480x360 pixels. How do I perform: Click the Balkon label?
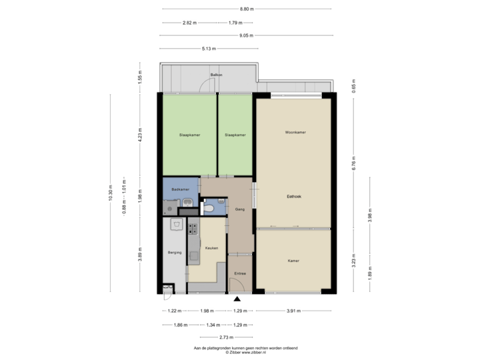(215, 75)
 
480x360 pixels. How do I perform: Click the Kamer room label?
(293, 261)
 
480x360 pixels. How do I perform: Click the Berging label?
(173, 253)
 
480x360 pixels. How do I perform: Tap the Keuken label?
(212, 247)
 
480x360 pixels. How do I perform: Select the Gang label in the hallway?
(240, 209)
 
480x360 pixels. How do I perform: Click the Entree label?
(240, 273)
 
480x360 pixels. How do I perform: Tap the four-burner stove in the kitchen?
(193, 229)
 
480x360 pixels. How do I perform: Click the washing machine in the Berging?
(176, 223)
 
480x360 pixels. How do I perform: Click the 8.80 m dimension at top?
(246, 9)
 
